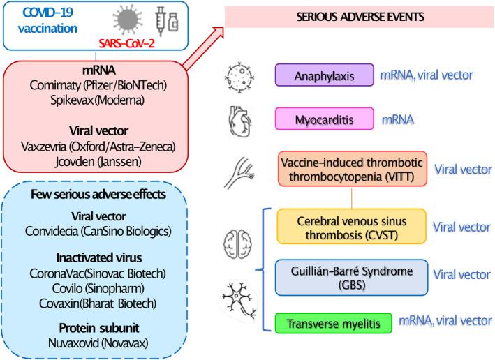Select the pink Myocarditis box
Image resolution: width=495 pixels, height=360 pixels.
pyautogui.click(x=315, y=120)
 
